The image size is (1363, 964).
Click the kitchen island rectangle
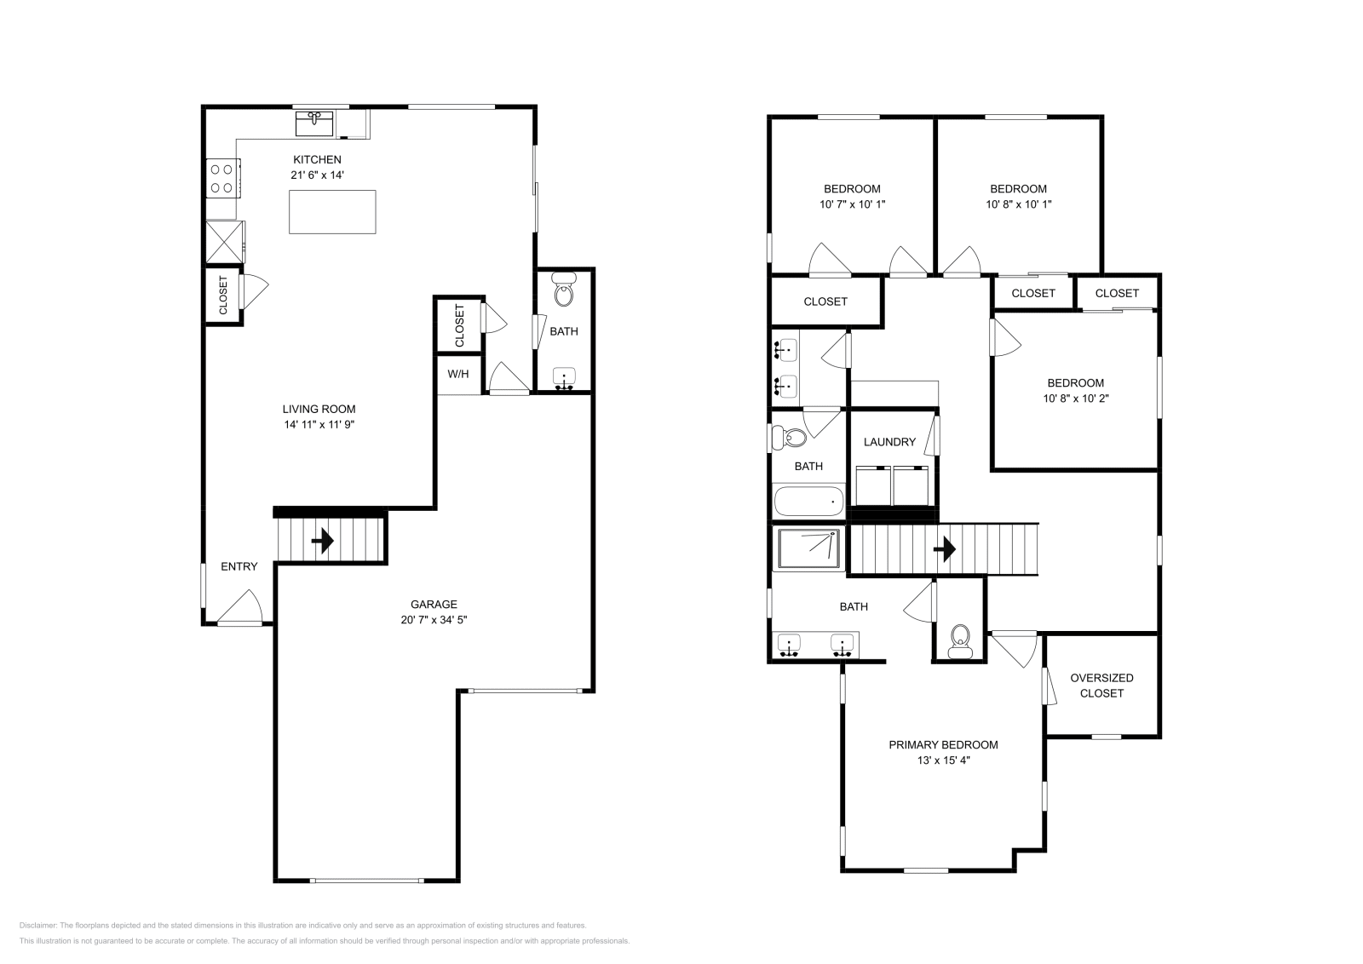coord(332,212)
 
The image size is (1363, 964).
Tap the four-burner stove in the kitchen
coord(221,178)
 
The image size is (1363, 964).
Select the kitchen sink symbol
coord(314,124)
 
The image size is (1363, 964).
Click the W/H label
coord(458,374)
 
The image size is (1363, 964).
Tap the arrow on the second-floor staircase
coord(944,549)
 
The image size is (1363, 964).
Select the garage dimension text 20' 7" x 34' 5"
coord(434,620)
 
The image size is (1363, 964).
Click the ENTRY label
coord(239,567)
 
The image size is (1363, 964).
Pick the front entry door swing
coord(241,608)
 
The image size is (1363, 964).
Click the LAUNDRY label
coord(889,442)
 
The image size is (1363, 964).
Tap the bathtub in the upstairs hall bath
coord(808,501)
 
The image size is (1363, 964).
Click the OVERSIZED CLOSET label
coord(1101,686)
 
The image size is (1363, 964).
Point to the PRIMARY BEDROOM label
coord(943,745)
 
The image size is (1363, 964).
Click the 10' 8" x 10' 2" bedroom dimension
coord(1075,399)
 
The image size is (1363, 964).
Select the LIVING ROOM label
coord(319,409)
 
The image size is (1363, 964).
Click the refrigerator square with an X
coord(224,241)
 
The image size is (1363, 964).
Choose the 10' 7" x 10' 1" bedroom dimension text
coord(852,204)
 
